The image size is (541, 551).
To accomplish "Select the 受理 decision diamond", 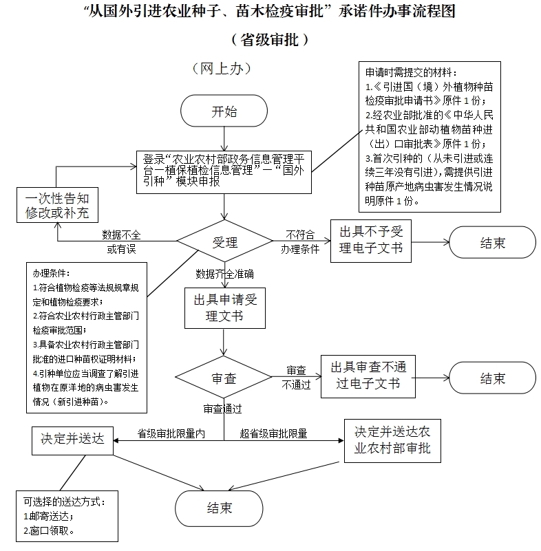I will pos(224,242).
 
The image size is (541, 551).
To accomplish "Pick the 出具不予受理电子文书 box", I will pos(370,240).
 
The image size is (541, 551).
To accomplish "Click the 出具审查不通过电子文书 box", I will pos(368,376).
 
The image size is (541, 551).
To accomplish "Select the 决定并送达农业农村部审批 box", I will pos(392,440).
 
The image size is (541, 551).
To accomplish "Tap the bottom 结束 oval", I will pos(220,508).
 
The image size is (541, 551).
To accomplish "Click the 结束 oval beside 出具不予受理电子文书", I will pos(492,243).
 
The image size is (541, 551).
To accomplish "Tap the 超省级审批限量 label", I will pos(273,434).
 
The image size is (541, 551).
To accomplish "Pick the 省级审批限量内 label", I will pos(172,434).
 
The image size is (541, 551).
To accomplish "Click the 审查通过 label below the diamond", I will pos(222,409).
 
